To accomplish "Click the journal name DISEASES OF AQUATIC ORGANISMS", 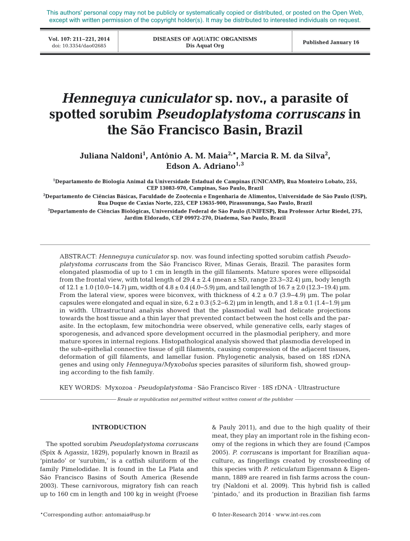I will (x=205, y=39).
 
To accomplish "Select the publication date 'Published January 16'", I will (x=331, y=42).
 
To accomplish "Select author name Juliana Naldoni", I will (x=110, y=156).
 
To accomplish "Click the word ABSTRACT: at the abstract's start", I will (x=78, y=257).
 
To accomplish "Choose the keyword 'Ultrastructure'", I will (x=319, y=388).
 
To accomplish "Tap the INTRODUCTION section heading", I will (x=119, y=427).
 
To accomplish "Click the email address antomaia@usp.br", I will (x=127, y=515).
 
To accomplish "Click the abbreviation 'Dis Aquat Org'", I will (x=205, y=46).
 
